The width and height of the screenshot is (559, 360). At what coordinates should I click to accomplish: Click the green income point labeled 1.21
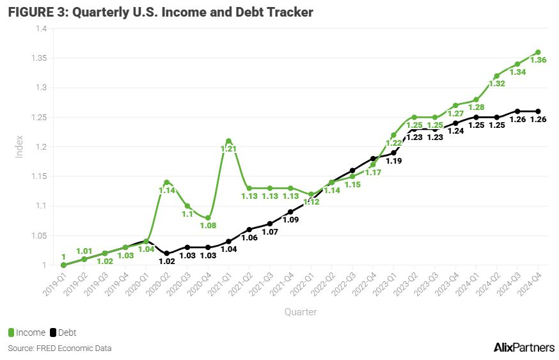(228, 141)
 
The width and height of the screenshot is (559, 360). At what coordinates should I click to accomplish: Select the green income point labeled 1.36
(538, 52)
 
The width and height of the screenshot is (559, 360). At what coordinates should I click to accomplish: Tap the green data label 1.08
(208, 225)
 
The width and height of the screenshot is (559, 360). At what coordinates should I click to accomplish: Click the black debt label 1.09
(290, 220)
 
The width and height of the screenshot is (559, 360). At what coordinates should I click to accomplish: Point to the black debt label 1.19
(393, 161)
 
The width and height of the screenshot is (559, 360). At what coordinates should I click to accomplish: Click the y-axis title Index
(19, 146)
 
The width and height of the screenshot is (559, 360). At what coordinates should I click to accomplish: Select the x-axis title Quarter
(301, 312)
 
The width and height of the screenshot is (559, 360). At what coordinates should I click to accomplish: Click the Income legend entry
(27, 333)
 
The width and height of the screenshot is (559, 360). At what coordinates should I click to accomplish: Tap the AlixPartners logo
(524, 347)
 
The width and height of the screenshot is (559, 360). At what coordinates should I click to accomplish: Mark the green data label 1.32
(497, 83)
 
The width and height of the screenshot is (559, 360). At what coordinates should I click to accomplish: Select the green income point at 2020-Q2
(166, 182)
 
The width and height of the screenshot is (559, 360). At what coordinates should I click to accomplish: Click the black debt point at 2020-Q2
(166, 253)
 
